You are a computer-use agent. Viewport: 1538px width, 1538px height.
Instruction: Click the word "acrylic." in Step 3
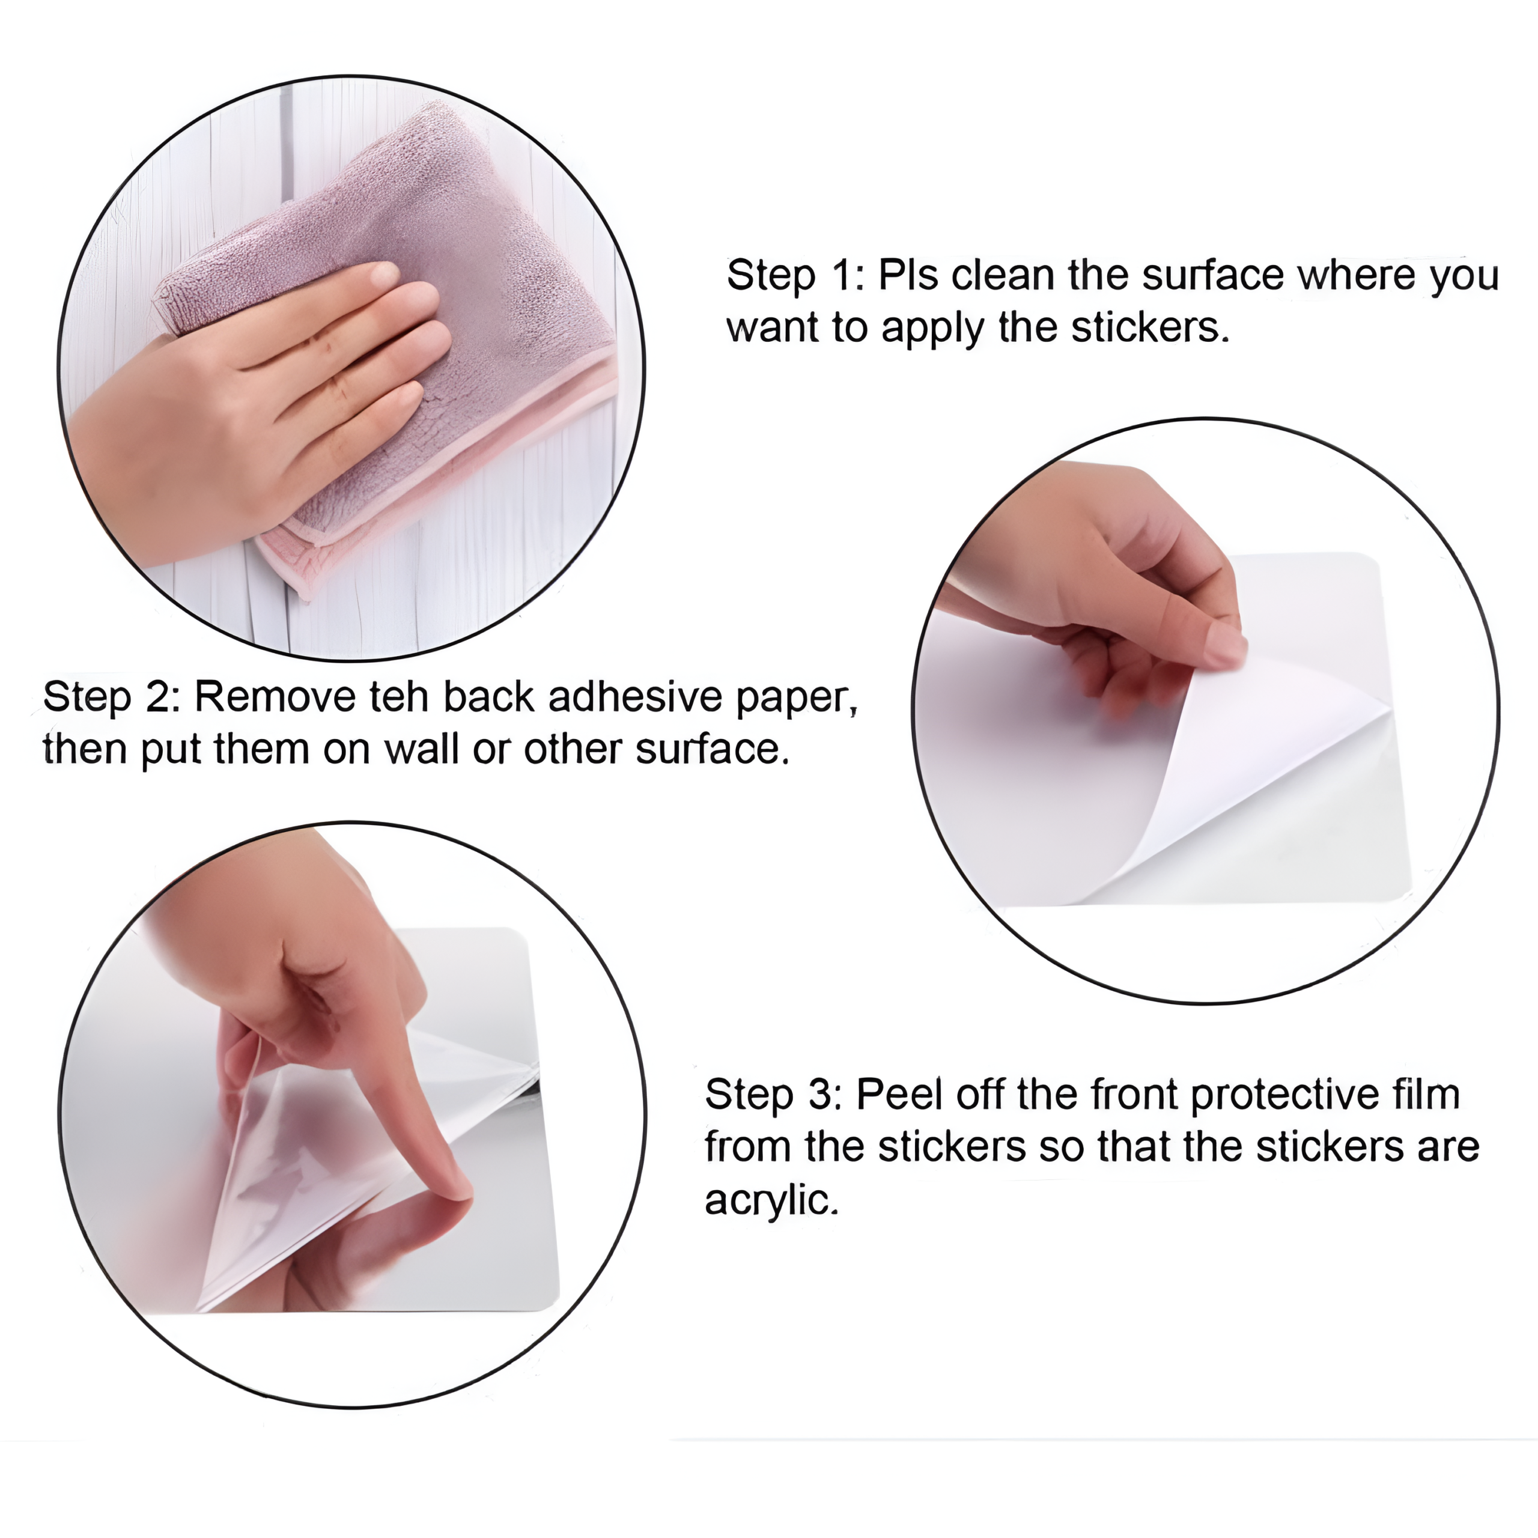(772, 1200)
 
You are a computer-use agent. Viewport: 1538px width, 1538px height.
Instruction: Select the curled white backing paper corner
(1242, 764)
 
